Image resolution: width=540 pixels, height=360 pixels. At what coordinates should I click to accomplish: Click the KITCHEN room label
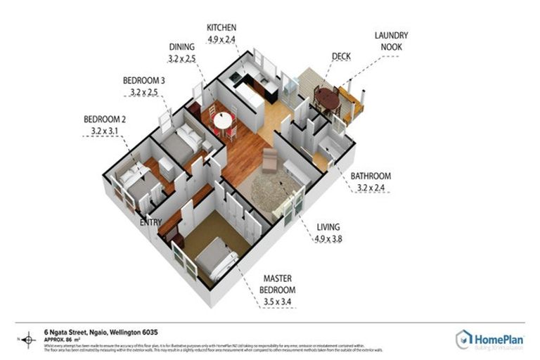(221, 27)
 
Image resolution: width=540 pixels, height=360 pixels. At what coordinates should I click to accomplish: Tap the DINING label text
(182, 47)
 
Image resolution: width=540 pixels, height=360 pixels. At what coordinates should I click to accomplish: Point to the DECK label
(342, 57)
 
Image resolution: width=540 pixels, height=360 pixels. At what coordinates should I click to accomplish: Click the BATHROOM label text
(373, 176)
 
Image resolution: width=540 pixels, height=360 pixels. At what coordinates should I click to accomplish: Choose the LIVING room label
(328, 227)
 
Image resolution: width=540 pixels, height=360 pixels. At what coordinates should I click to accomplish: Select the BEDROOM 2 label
(104, 119)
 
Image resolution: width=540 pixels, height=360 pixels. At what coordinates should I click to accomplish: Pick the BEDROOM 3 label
(143, 80)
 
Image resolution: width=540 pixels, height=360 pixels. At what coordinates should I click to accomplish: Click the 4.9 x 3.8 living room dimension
(328, 238)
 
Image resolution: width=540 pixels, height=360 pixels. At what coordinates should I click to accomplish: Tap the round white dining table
(223, 120)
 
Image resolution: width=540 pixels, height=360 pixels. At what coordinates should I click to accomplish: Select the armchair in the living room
(270, 160)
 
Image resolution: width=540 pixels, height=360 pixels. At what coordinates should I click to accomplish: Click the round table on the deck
(325, 96)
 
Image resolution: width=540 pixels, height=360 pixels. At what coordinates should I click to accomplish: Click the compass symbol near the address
(29, 341)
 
